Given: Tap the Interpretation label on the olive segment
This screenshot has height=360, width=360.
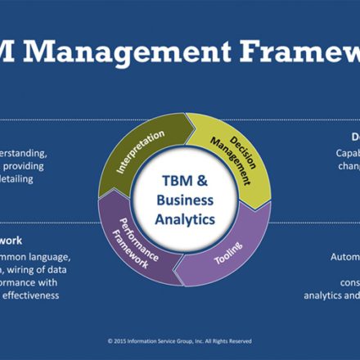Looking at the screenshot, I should point(142,151).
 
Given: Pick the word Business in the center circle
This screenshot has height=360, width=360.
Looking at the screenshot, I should point(185,200).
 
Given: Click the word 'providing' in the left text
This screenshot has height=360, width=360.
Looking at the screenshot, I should point(34,165).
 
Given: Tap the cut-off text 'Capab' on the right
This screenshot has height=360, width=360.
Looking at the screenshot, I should point(347,152).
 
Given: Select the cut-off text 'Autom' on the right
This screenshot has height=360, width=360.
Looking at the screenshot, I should point(346,257).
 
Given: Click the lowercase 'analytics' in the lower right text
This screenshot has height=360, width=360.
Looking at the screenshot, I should point(337,295).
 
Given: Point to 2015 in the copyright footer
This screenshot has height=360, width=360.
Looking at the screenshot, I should point(125,340).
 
